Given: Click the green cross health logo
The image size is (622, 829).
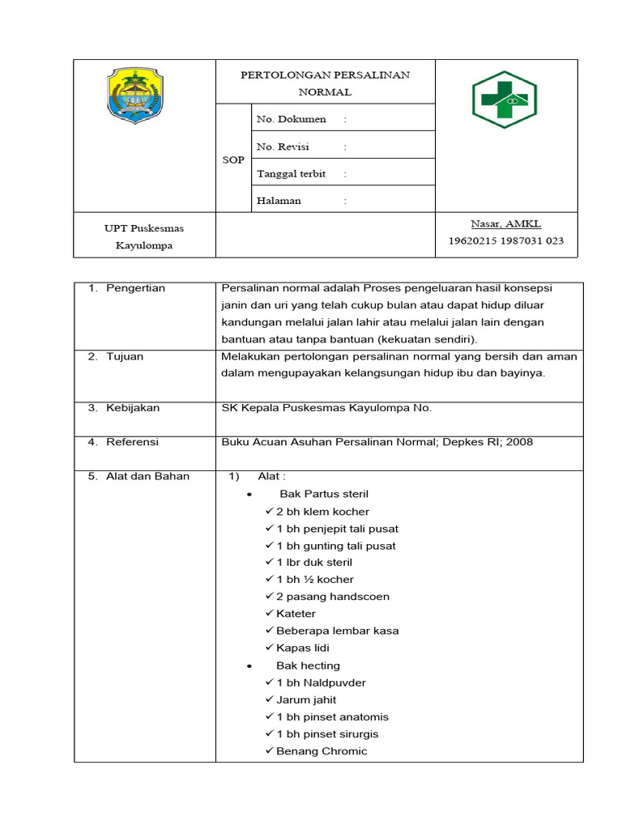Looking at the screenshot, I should [x=505, y=100].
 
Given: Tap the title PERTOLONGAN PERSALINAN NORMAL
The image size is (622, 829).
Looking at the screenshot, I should [x=325, y=83].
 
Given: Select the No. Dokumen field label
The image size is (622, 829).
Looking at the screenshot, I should [x=291, y=119].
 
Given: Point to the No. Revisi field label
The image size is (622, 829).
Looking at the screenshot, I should [x=283, y=147].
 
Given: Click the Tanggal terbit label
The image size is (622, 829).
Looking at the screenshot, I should [x=291, y=173].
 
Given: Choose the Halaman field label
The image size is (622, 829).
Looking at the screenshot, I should [x=279, y=200].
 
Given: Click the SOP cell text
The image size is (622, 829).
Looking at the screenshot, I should [x=233, y=159].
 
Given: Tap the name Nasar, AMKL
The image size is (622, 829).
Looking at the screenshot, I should [x=506, y=223].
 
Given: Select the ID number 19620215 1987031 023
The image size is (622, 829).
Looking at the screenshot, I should [x=506, y=240].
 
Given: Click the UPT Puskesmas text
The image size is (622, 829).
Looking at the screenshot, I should [x=144, y=228].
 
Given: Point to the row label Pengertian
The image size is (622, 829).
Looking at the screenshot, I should [x=135, y=288].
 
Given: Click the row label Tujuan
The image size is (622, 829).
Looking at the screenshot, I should [x=125, y=356].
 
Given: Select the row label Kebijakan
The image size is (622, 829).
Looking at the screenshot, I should [x=133, y=408].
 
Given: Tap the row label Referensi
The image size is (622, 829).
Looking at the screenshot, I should [x=132, y=442].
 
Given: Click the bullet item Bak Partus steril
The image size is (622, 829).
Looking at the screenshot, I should [x=324, y=494].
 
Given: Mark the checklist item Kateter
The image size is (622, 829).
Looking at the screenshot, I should [x=296, y=614].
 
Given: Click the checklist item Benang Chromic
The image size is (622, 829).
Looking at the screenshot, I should [x=321, y=751].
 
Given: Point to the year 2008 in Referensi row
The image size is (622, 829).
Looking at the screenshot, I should [x=518, y=442].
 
